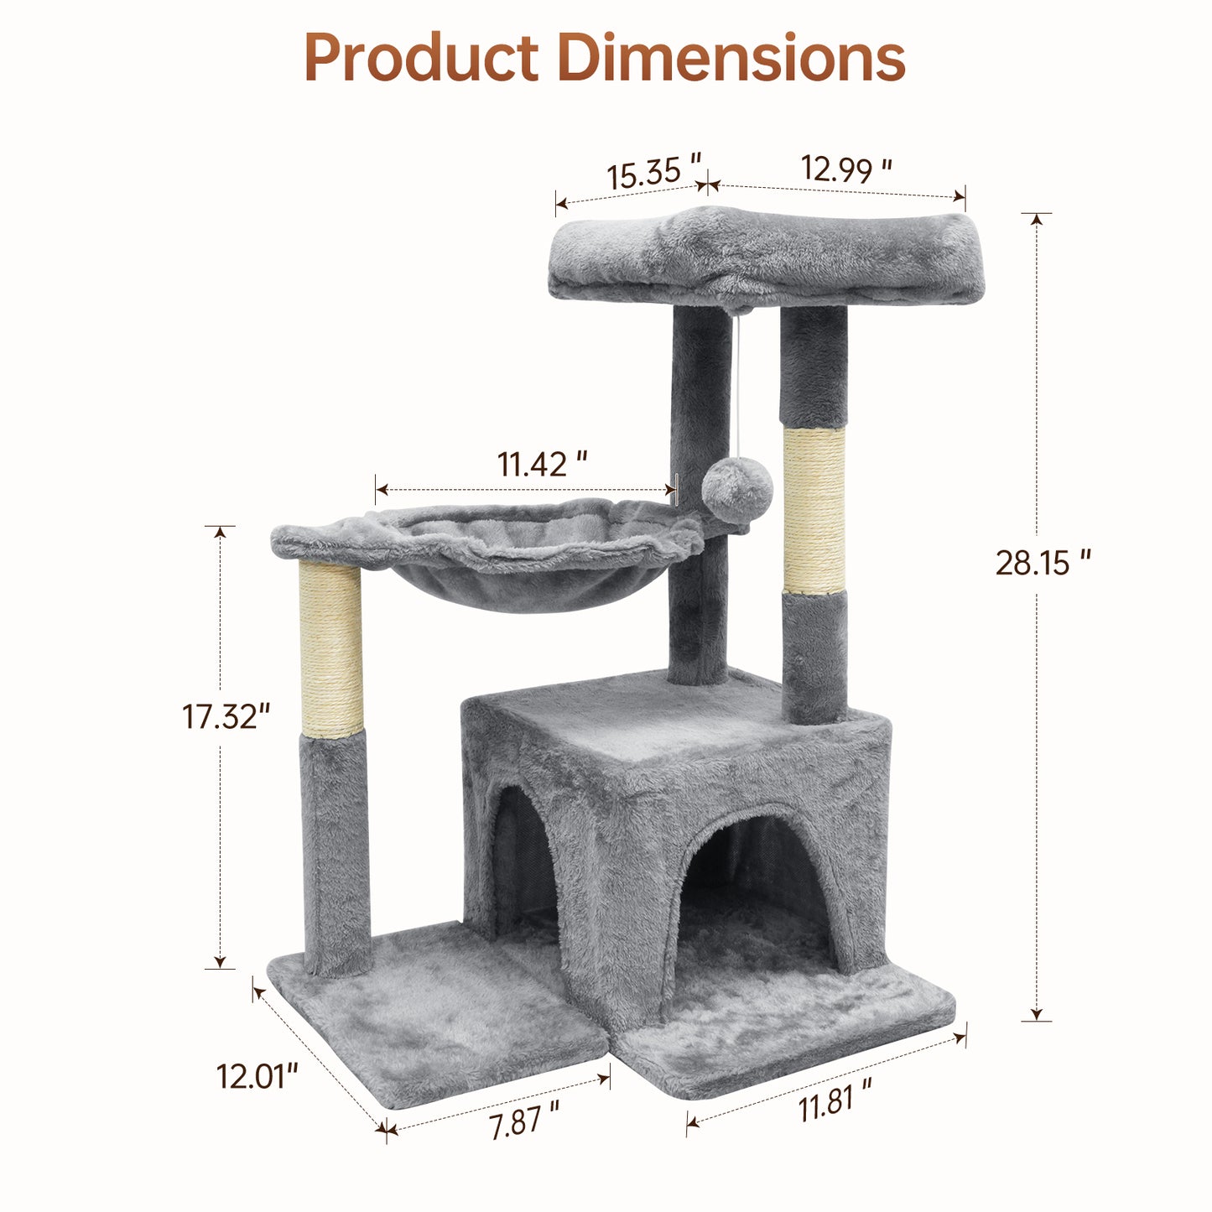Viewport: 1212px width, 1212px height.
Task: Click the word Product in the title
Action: (421, 58)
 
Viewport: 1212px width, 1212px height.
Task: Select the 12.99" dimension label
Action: (846, 169)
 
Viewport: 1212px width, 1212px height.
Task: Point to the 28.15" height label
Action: (1043, 562)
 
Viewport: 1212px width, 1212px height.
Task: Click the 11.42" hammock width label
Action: (542, 465)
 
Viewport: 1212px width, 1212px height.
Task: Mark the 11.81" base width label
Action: (835, 1098)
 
